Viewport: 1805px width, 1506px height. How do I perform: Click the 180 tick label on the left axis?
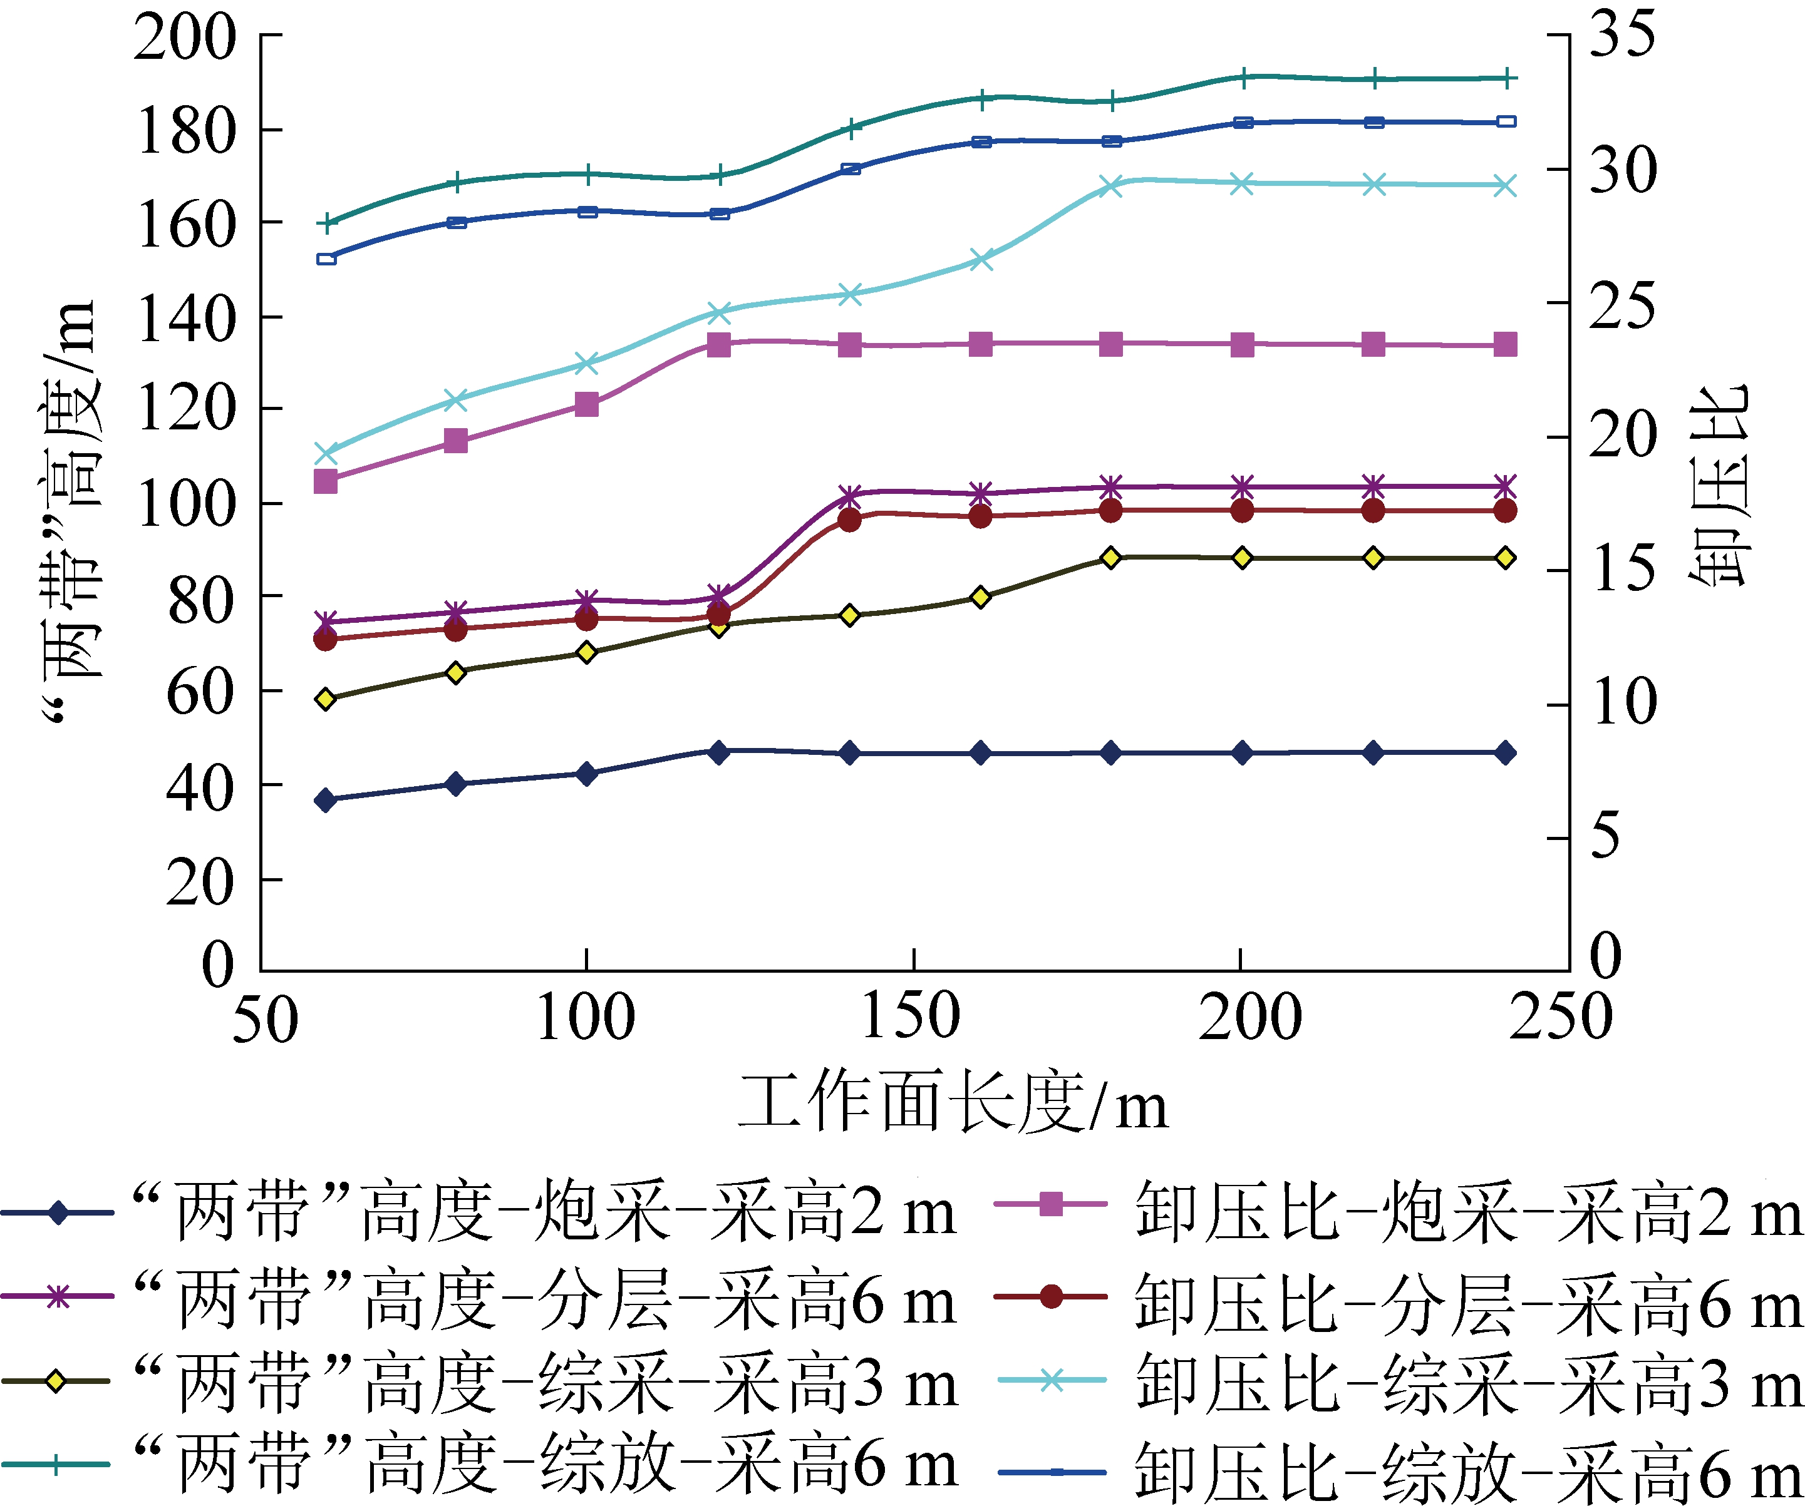point(185,131)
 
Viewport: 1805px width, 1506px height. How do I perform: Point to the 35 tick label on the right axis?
point(1622,34)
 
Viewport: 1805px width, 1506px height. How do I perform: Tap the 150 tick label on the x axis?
point(911,1017)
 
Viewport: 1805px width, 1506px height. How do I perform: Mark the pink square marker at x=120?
point(718,346)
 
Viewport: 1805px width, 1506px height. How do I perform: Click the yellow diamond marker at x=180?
point(1110,558)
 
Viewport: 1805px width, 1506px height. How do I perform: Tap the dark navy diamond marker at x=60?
point(326,801)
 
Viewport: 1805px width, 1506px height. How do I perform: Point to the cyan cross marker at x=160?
point(981,259)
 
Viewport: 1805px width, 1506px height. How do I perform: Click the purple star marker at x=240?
point(1504,486)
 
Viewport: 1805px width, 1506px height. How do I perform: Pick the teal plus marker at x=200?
point(1242,78)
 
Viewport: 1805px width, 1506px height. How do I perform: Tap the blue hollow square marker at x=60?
point(326,259)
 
